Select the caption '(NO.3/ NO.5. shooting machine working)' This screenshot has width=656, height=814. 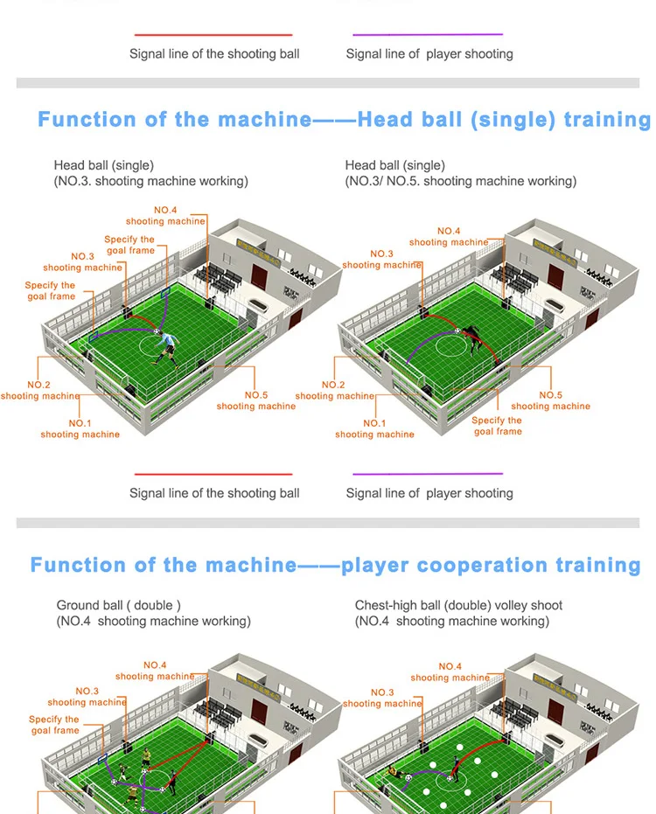[460, 181]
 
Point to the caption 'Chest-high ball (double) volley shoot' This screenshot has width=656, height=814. [458, 605]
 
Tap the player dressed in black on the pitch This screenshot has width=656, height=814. [472, 338]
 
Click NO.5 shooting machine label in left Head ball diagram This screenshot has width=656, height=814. [256, 400]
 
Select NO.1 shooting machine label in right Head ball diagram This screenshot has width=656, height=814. [374, 428]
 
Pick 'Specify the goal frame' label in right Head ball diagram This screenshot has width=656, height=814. [497, 426]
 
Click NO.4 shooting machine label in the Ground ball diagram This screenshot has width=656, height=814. [155, 671]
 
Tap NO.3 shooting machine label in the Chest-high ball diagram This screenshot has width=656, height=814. [382, 698]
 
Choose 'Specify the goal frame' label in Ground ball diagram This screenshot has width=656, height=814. [54, 725]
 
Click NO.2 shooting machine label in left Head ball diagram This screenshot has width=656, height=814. [39, 390]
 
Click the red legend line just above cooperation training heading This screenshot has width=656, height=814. [213, 474]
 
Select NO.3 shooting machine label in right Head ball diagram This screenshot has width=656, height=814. [382, 259]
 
